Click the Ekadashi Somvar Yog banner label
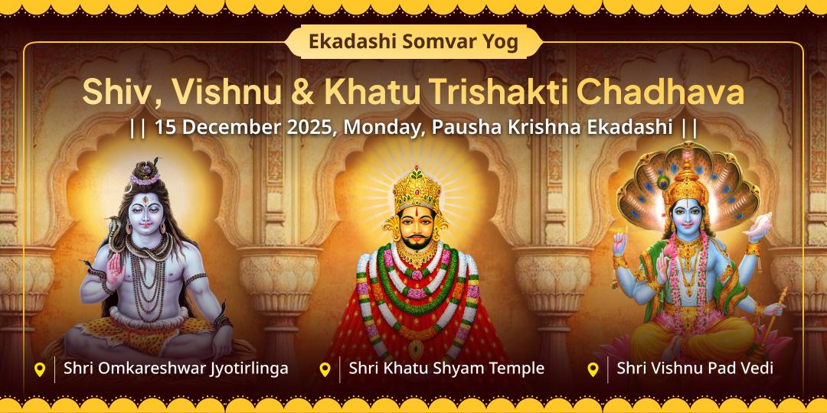(413, 42)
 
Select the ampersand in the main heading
(302, 93)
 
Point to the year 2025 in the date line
(309, 127)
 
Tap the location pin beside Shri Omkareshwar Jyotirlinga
(40, 369)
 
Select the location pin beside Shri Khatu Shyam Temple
(325, 369)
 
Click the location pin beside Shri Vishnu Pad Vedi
(593, 369)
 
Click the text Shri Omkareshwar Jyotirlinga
(176, 369)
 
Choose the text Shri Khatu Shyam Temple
(446, 369)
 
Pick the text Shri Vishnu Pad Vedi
(695, 369)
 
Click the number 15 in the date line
(165, 127)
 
